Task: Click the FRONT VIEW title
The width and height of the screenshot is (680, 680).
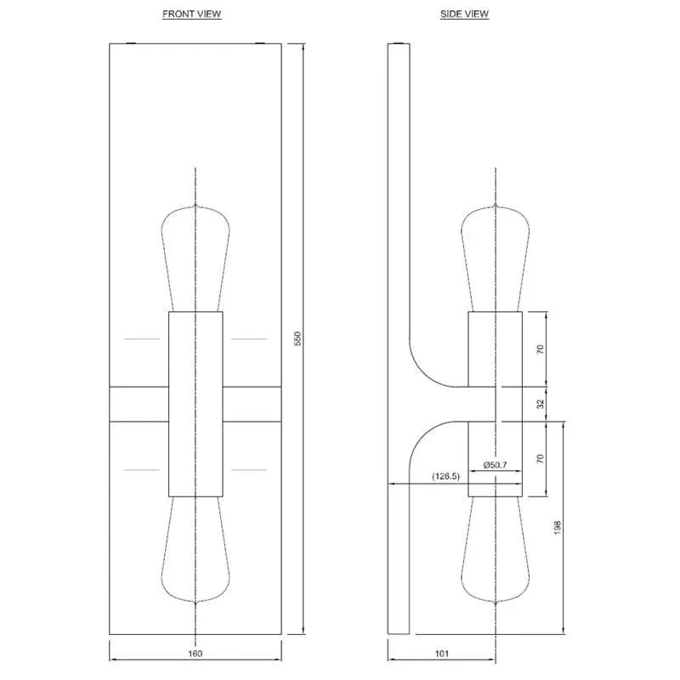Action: coord(192,14)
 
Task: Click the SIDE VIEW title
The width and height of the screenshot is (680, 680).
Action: coord(465,14)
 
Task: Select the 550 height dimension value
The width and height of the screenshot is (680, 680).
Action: coord(297,338)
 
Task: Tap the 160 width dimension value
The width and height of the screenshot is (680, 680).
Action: coord(195,654)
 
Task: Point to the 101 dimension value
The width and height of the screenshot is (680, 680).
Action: coord(441,654)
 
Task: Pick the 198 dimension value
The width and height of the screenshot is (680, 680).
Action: coord(557,527)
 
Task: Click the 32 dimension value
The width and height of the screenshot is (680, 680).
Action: coord(541,405)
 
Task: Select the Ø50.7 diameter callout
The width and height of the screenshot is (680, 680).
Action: coord(495,465)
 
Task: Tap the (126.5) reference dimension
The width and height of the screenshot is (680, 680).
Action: coord(445,476)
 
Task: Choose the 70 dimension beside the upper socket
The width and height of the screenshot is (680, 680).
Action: coord(541,349)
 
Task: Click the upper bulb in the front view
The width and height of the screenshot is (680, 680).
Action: coord(195,255)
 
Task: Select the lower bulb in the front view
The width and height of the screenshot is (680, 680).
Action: coord(195,552)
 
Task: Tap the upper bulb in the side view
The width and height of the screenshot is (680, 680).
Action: coord(495,255)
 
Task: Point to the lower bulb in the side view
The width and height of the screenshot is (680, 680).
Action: coord(495,552)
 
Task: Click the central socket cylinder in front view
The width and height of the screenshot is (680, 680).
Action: coord(195,404)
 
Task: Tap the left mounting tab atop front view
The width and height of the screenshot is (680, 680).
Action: coord(130,42)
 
